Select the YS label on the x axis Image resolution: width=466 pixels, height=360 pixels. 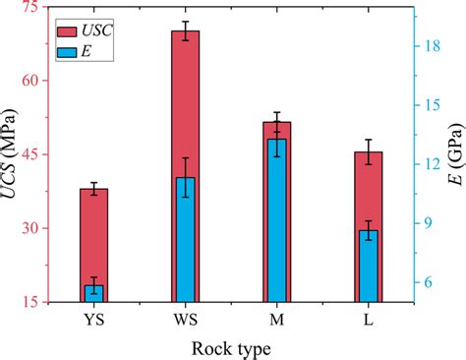click(x=94, y=321)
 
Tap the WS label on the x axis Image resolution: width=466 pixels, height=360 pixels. click(x=185, y=321)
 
